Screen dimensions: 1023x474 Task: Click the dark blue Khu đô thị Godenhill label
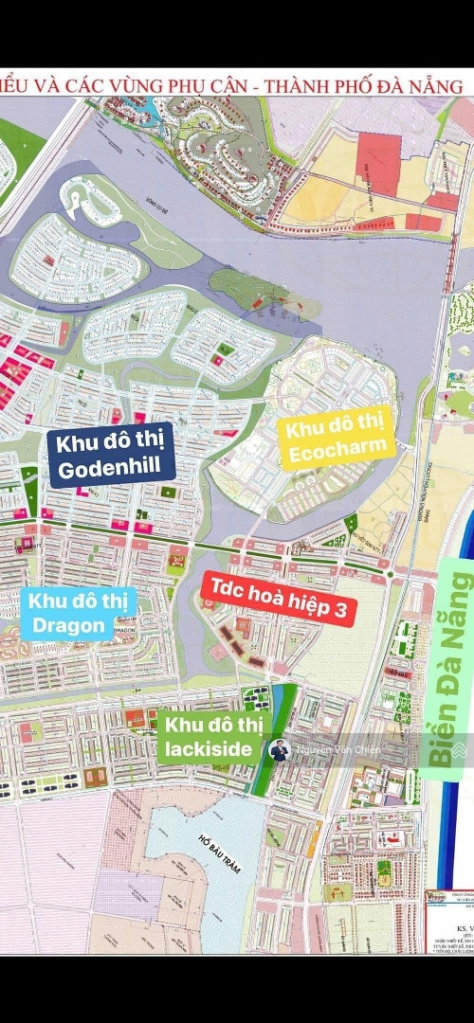112,455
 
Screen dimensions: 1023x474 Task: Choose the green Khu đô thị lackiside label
208,737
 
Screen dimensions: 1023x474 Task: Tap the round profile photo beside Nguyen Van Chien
279,750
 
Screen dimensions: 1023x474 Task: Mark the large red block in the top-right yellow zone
378,164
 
